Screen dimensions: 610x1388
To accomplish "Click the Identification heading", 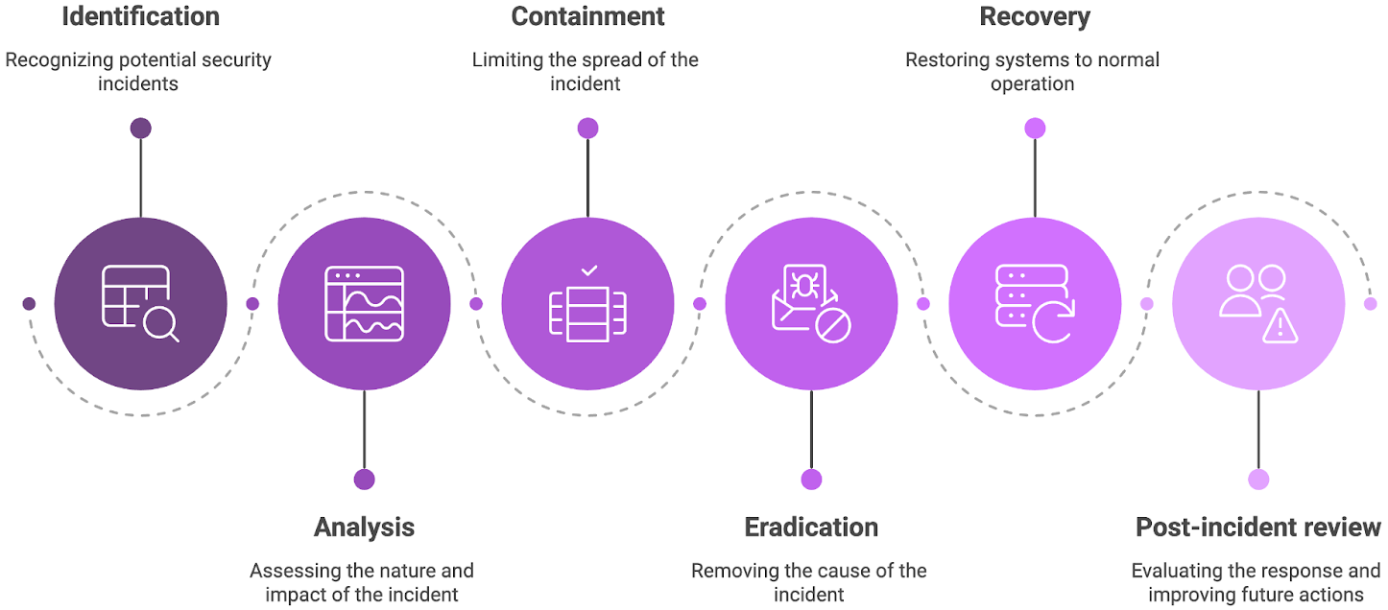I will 140,16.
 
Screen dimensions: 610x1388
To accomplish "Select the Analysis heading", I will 364,527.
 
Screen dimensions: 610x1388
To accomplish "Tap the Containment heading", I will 587,16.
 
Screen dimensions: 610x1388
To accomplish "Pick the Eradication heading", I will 811,527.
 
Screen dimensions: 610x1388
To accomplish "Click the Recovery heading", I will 1034,16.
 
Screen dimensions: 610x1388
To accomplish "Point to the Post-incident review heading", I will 1257,527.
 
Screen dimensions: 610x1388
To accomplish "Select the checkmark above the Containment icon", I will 588,271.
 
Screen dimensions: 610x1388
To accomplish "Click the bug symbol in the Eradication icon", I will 802,284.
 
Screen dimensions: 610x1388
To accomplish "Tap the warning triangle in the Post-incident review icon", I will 1280,327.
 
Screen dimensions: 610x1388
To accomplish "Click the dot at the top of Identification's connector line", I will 141,129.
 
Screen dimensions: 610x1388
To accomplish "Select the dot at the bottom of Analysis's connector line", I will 364,479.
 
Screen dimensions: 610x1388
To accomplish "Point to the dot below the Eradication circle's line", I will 811,479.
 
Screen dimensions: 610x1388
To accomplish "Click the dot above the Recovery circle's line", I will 1035,129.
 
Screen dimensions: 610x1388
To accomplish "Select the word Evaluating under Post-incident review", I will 1176,571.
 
